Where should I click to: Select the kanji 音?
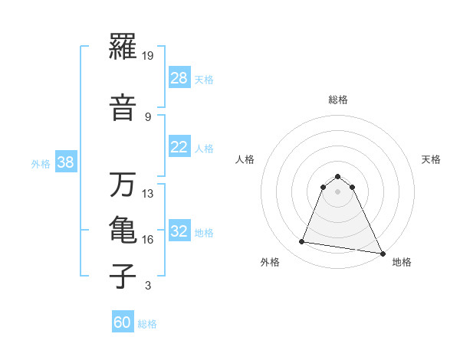(123, 107)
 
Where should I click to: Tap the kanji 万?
(123, 185)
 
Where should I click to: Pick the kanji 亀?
(123, 231)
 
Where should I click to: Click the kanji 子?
(123, 276)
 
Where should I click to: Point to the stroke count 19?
(149, 56)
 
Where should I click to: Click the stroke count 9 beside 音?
(147, 116)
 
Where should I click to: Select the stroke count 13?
(149, 194)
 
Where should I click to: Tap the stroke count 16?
(149, 240)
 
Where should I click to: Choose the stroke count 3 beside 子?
(147, 286)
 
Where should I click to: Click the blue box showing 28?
(179, 78)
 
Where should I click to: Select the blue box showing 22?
(179, 147)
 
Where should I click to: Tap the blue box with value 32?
(179, 231)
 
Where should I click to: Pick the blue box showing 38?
(66, 162)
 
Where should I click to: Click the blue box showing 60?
(123, 322)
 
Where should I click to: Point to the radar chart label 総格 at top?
(338, 100)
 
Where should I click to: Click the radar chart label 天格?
(431, 159)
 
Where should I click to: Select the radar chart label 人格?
(245, 159)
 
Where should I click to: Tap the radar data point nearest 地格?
(383, 254)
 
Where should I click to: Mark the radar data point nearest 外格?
(302, 242)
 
